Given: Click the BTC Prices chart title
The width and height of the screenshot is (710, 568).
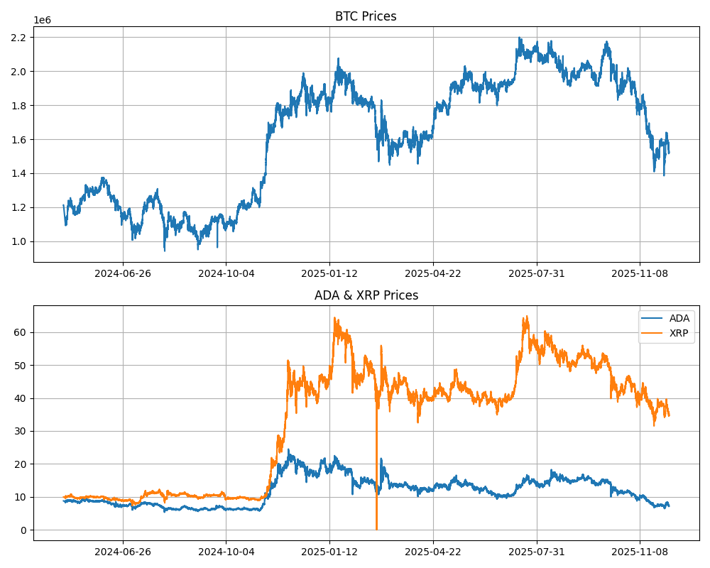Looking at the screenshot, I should [x=366, y=16].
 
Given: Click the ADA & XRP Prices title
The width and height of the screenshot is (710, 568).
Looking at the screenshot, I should [x=366, y=295].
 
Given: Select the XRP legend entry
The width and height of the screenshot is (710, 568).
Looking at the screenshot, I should [x=679, y=332].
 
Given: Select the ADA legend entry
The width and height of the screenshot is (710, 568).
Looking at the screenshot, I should [x=679, y=318].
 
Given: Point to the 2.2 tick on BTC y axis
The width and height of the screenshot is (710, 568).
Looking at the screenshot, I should [x=20, y=37].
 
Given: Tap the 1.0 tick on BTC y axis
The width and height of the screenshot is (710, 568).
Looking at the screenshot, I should [x=20, y=241].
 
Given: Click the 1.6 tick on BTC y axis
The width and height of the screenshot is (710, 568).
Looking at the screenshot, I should [x=20, y=139].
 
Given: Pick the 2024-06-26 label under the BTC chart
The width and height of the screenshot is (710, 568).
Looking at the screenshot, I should [x=123, y=273].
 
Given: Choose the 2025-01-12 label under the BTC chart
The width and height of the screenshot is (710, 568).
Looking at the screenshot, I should [x=329, y=273].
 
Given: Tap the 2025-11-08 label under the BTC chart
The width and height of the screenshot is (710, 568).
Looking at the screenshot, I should [x=640, y=273].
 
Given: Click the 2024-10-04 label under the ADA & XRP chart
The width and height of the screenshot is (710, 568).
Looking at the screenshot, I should [x=226, y=552].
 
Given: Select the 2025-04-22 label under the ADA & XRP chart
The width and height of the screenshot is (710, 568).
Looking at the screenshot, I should [x=433, y=552].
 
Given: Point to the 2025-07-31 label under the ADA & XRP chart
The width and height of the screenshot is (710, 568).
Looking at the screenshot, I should [x=537, y=552].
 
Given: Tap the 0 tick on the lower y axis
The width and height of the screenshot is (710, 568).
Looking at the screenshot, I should [x=24, y=530].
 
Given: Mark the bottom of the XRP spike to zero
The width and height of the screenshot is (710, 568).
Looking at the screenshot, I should [x=376, y=528].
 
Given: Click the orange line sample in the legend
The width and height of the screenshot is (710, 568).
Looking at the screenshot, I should [x=653, y=332].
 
